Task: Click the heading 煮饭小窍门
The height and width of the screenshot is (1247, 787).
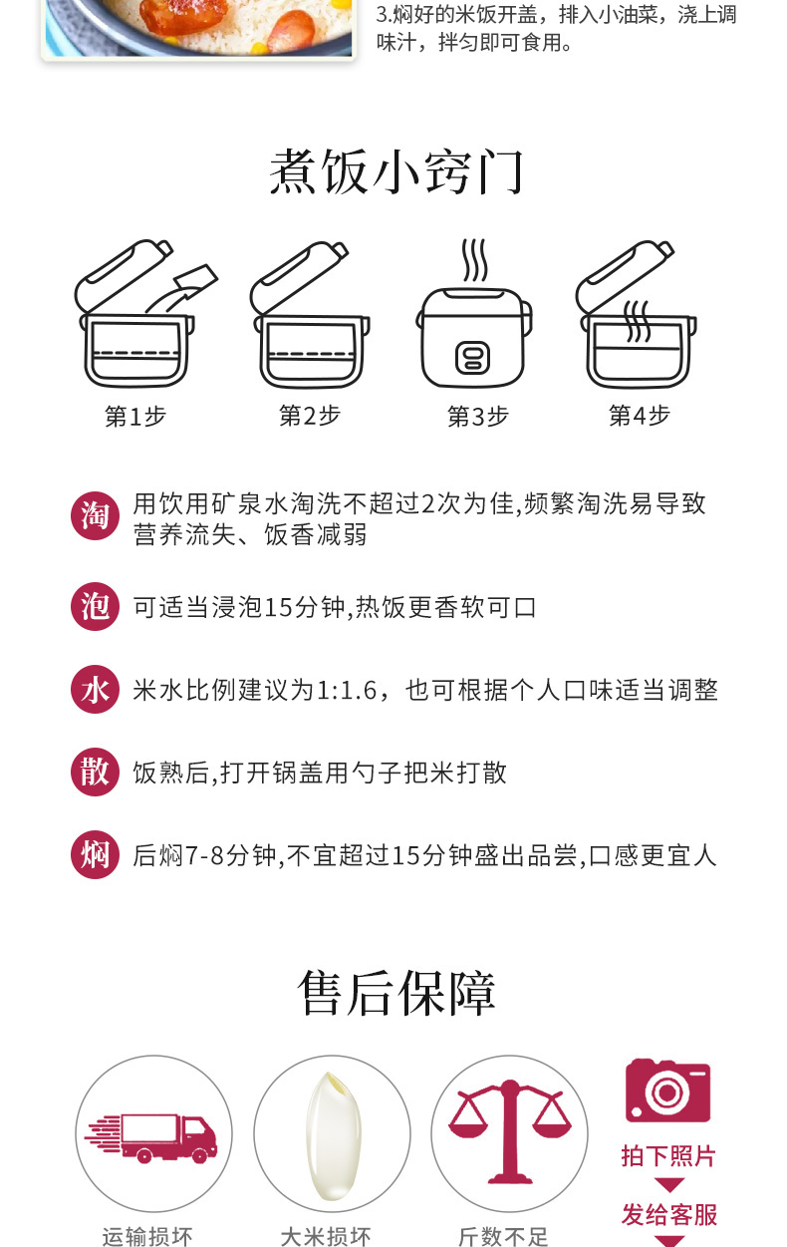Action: click(x=396, y=171)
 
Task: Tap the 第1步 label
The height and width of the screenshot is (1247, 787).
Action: click(x=135, y=416)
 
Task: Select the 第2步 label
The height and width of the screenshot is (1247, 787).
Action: click(x=310, y=416)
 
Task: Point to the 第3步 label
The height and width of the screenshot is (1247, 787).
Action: click(x=478, y=416)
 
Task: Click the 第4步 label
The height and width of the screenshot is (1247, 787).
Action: click(x=640, y=416)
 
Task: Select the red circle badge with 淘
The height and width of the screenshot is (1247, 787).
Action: click(x=95, y=515)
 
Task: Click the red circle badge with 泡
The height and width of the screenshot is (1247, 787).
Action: click(x=95, y=606)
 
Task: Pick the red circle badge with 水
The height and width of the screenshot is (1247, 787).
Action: click(x=95, y=689)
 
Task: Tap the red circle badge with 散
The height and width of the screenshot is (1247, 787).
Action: click(x=95, y=772)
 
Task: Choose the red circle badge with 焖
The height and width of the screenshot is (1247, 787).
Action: click(x=95, y=854)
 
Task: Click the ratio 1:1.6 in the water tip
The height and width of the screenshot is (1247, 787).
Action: click(x=347, y=691)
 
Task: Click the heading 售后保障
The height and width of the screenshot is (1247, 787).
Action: click(x=396, y=993)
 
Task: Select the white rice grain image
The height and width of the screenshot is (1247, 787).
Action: click(x=334, y=1135)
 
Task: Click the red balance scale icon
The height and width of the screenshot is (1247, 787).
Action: click(x=510, y=1131)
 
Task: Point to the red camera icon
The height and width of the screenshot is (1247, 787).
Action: click(x=667, y=1091)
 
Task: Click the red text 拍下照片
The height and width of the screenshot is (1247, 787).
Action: click(x=668, y=1155)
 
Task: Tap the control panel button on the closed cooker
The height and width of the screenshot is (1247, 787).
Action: click(x=473, y=358)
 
